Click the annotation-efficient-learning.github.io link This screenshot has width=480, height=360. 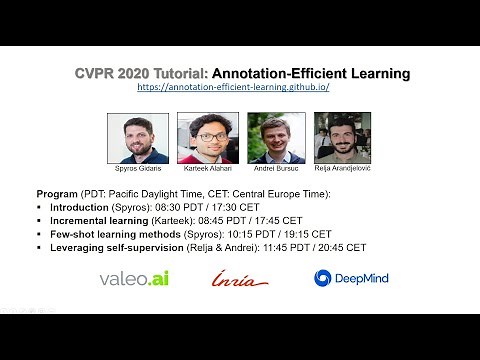point(234,88)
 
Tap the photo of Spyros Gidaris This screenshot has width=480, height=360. point(138,138)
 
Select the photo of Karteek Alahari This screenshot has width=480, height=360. point(207,138)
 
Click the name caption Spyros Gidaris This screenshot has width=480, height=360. point(138,170)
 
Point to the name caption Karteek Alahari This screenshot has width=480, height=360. point(207,170)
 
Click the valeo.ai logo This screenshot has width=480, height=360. point(134,278)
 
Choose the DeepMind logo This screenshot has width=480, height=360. point(350,278)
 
